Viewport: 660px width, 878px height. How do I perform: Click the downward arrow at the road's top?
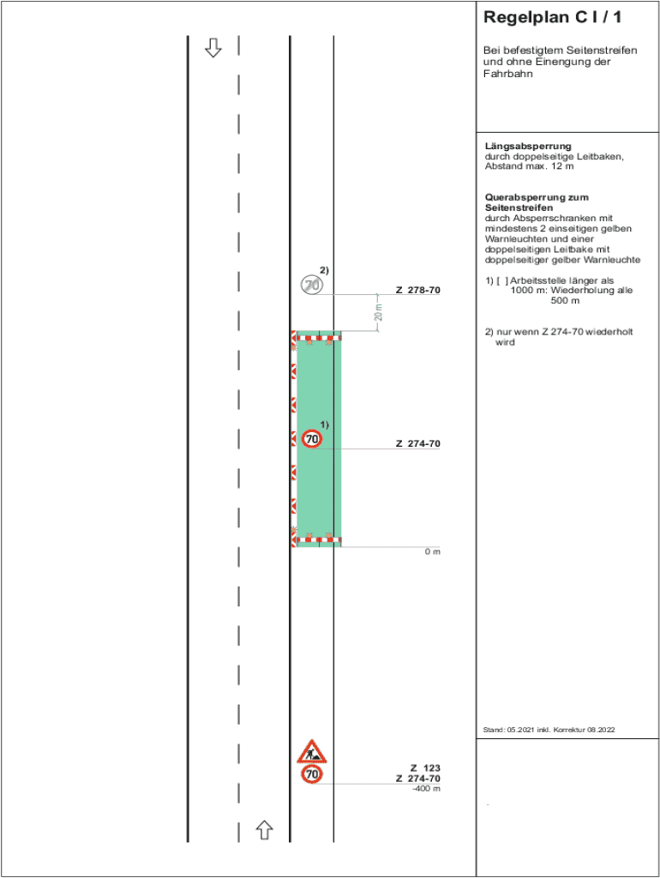tap(213, 48)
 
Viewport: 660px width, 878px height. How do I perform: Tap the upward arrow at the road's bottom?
tap(265, 829)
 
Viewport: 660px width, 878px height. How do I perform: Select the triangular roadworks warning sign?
tap(310, 753)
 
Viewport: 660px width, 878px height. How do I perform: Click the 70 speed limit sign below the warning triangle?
tap(312, 774)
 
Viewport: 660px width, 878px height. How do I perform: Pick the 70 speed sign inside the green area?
tap(312, 439)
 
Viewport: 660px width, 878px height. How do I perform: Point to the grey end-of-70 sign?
tap(311, 285)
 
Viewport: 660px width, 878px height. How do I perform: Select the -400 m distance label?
tap(426, 789)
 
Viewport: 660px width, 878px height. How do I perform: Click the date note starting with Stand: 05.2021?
tap(549, 730)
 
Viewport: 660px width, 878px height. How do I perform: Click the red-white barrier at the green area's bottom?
tap(316, 540)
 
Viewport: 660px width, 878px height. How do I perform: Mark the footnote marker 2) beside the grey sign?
tap(324, 271)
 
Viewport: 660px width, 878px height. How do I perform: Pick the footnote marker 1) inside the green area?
tap(325, 425)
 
